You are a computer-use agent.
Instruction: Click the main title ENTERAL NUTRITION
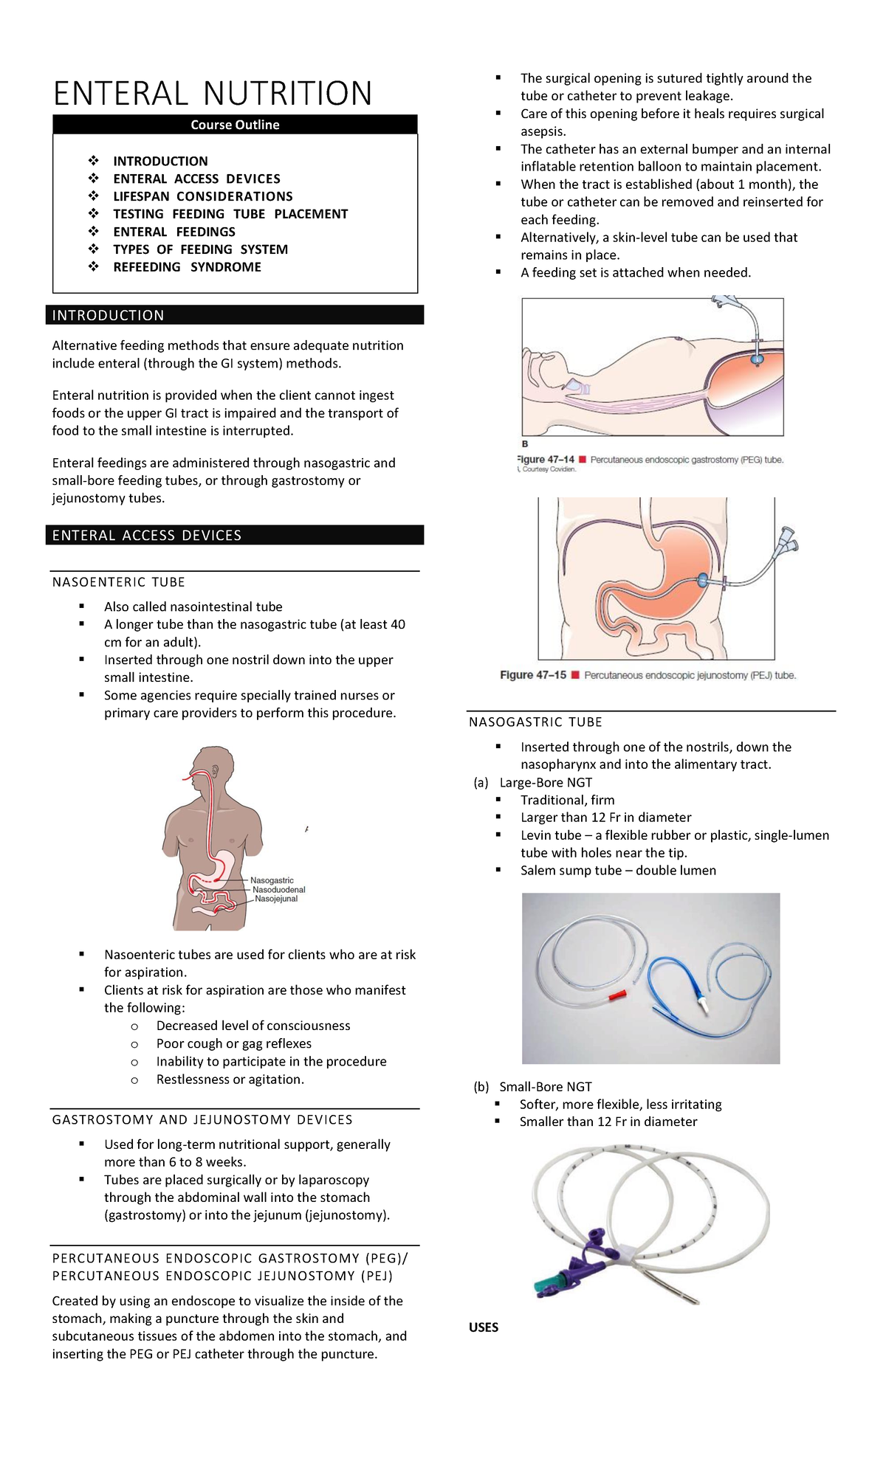click(x=213, y=94)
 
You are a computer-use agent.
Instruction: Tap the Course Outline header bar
click(x=235, y=125)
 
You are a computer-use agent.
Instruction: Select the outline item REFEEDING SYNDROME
click(x=187, y=267)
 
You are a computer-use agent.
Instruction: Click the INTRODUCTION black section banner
click(x=235, y=315)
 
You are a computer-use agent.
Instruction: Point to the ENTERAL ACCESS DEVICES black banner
click(x=235, y=535)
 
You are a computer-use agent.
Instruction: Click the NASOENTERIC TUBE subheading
click(x=119, y=582)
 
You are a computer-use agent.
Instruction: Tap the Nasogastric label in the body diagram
click(x=272, y=880)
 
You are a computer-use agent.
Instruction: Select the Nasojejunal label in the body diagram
click(x=276, y=899)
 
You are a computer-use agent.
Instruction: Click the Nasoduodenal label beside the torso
click(x=278, y=890)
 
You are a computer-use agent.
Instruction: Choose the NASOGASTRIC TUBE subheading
click(x=535, y=722)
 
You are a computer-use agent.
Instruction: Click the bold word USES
click(x=484, y=1327)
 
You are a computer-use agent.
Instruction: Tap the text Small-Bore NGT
click(x=546, y=1087)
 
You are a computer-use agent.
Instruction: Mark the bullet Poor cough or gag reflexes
click(x=233, y=1043)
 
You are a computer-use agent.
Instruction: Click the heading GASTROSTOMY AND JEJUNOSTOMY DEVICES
click(x=202, y=1120)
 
